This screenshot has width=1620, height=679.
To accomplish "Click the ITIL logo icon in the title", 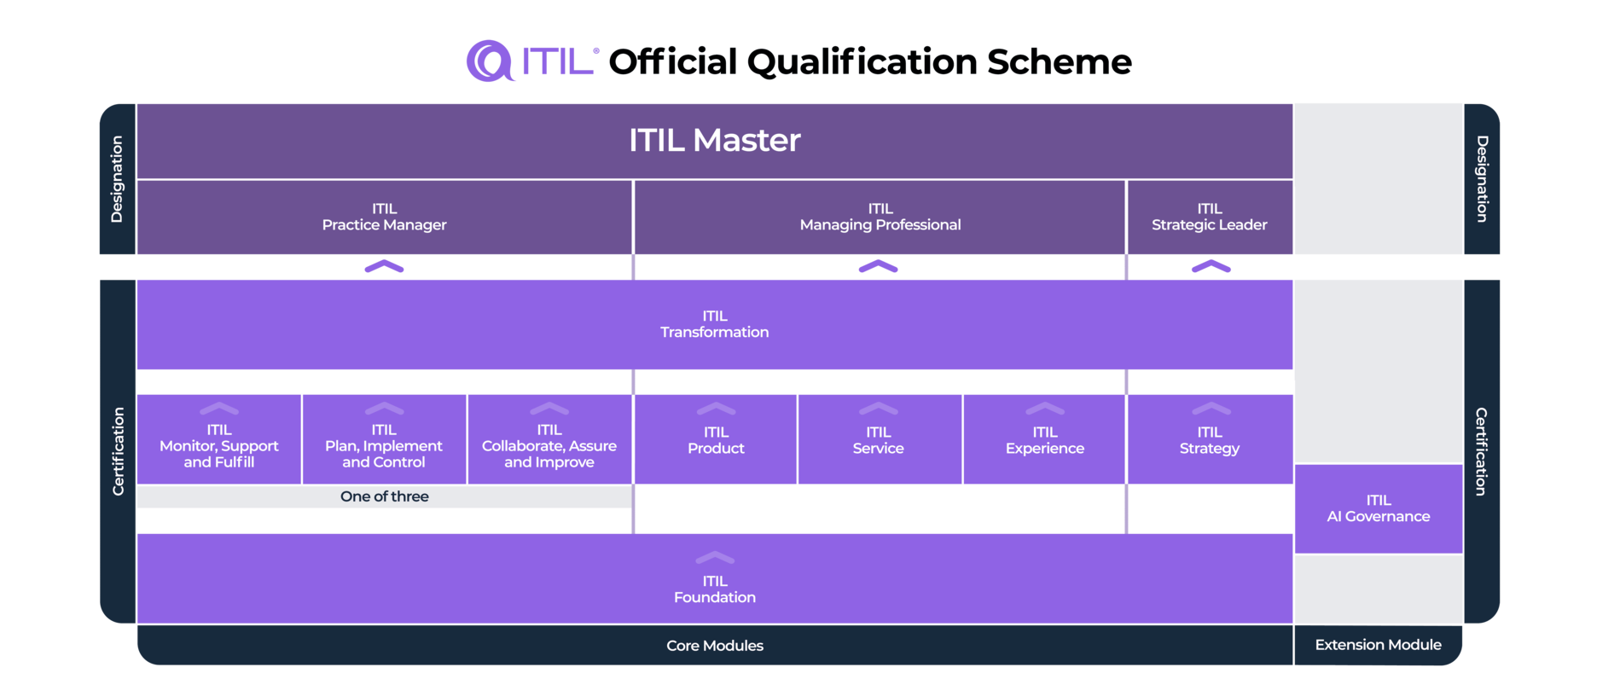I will click(x=489, y=61).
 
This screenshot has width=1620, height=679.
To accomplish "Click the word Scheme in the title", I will click(x=1059, y=61).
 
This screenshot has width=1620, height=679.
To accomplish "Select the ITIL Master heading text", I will click(x=714, y=140).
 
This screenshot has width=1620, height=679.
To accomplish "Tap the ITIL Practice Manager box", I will click(x=384, y=217).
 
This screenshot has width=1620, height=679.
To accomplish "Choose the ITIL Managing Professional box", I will click(x=880, y=217).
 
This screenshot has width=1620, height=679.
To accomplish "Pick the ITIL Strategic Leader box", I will click(x=1209, y=217).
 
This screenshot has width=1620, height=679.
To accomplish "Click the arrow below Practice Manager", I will click(x=384, y=267).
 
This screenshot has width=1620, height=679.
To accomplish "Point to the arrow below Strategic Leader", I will click(x=1211, y=267).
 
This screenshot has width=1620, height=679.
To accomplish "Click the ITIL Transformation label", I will click(x=714, y=324).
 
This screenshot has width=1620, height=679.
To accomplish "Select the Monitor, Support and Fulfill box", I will click(x=218, y=444).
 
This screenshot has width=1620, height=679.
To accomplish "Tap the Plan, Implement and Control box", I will click(x=384, y=444).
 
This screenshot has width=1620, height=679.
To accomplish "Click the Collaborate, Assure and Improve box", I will click(x=549, y=444).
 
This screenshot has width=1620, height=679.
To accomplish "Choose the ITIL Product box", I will click(x=716, y=440).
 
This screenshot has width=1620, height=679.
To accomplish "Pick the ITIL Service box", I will click(x=878, y=440).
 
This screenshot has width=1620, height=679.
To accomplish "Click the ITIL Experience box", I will click(x=1044, y=440).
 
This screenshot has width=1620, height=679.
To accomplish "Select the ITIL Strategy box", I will click(x=1209, y=440).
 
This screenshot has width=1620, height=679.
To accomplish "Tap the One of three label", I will click(x=384, y=496).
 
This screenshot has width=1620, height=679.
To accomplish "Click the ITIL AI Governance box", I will click(x=1378, y=508).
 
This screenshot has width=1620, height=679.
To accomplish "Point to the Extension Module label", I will click(x=1378, y=645).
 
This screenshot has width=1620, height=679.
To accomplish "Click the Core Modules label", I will click(x=714, y=646).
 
